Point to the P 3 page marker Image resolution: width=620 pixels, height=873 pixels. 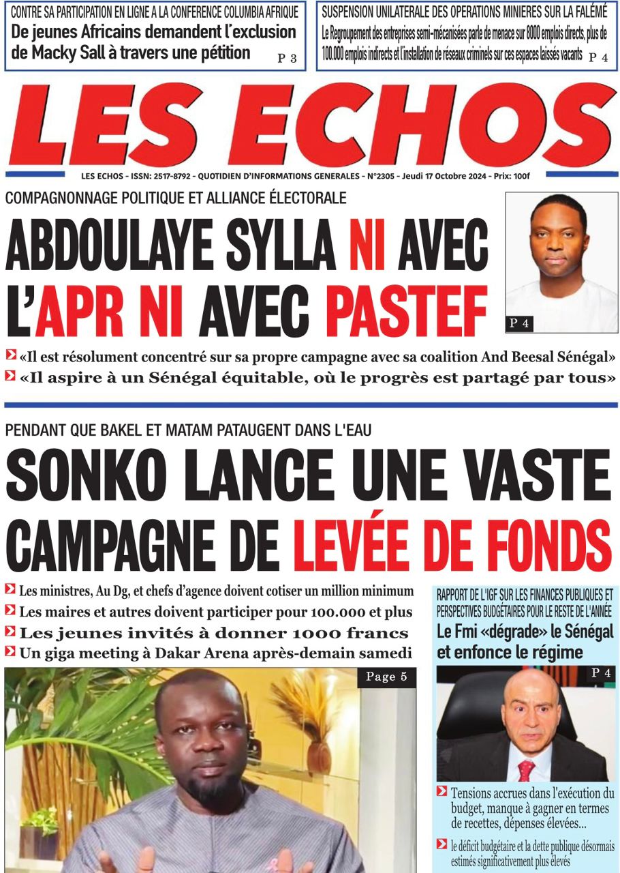click(286, 59)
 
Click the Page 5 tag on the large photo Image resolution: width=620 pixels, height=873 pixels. click(386, 677)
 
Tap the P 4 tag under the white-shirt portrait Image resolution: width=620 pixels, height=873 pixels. click(519, 324)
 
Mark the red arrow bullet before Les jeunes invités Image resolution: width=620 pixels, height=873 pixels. click(10, 632)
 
